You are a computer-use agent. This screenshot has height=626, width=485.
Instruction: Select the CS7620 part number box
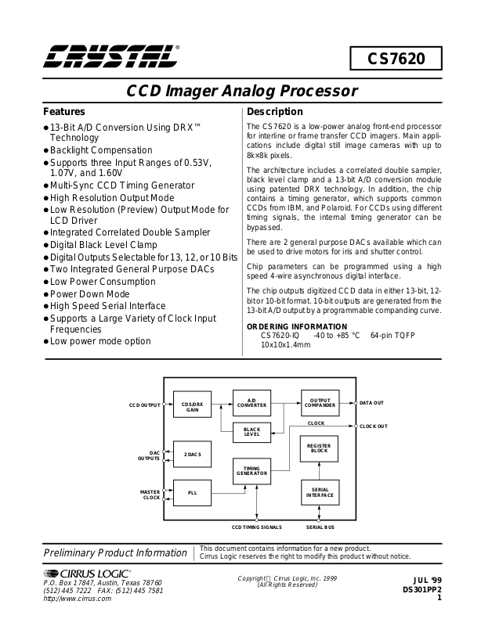pos(396,59)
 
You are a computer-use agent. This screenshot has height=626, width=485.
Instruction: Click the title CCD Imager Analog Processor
pos(242,91)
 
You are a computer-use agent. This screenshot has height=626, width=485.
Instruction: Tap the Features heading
pos(64,112)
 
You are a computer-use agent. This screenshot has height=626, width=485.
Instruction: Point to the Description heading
pos(274,112)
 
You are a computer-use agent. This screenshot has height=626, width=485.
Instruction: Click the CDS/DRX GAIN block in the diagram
pos(192,406)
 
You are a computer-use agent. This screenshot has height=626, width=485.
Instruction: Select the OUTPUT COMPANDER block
pos(319,402)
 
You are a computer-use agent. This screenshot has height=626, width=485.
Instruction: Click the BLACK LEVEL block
pos(252,432)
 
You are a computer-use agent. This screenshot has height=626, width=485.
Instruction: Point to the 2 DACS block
pos(192,455)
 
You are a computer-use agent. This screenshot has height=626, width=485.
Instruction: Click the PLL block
pos(192,493)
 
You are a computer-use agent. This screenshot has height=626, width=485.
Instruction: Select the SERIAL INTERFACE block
pos(319,492)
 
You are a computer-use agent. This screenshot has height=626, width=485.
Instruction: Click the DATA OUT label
pos(371,403)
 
